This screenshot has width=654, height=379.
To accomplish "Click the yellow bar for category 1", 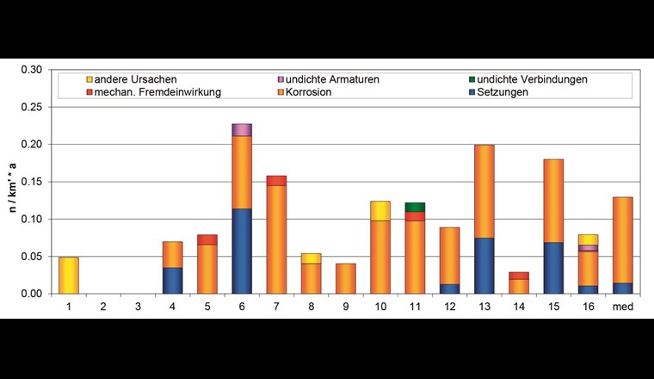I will point(68,275).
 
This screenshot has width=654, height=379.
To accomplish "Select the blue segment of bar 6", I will point(242,251).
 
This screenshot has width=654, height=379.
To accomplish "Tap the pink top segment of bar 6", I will point(242,129).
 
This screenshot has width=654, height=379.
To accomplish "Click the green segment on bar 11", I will point(415,207).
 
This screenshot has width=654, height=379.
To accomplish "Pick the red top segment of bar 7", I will point(276,180).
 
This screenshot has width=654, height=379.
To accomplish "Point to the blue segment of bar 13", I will point(484,265).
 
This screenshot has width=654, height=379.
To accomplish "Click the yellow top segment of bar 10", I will point(380,211).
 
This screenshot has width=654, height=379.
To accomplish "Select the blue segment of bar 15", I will point(553,268).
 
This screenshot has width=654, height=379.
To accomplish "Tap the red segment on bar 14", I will point(519,276).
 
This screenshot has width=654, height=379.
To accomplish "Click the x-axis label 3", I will point(138,305).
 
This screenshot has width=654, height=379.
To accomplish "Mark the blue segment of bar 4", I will point(172,280).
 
